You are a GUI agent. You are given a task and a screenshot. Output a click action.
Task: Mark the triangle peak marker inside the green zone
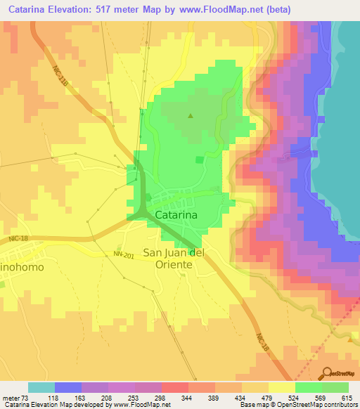(189, 116)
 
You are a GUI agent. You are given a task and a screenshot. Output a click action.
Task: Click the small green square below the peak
(199, 160)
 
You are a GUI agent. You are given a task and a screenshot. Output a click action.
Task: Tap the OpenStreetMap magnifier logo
(326, 373)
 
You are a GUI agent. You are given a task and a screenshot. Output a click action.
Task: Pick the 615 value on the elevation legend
(346, 397)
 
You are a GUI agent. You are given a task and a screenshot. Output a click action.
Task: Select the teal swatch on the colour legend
(41, 387)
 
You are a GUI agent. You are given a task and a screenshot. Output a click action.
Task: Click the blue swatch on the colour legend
(68, 387)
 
